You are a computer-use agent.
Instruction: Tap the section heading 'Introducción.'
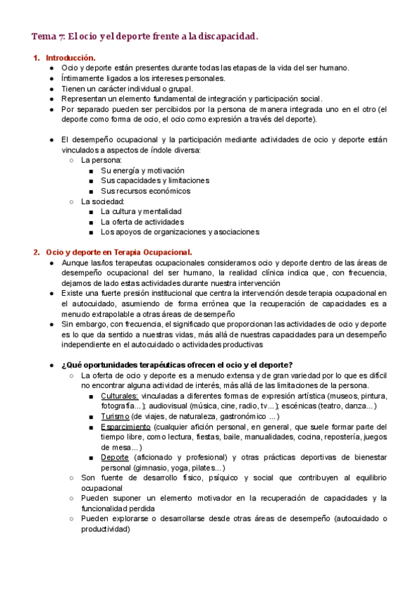pyautogui.click(x=71, y=57)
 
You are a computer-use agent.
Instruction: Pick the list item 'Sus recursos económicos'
pyautogui.click(x=145, y=191)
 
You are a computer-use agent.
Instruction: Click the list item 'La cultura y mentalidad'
pyautogui.click(x=141, y=211)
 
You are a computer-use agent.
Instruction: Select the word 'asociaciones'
pyautogui.click(x=234, y=231)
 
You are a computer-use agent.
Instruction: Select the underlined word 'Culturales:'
pyautogui.click(x=119, y=396)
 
